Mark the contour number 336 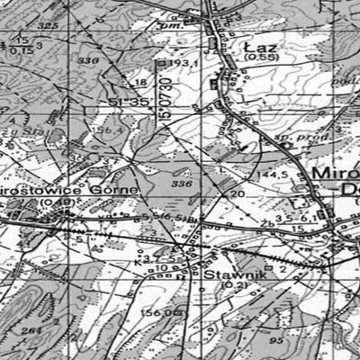click(x=180, y=184)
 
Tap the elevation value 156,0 click(x=156, y=311)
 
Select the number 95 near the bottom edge click(x=251, y=343)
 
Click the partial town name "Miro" click(x=334, y=172)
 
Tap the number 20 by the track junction click(x=238, y=193)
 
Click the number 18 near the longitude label click(x=139, y=83)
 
